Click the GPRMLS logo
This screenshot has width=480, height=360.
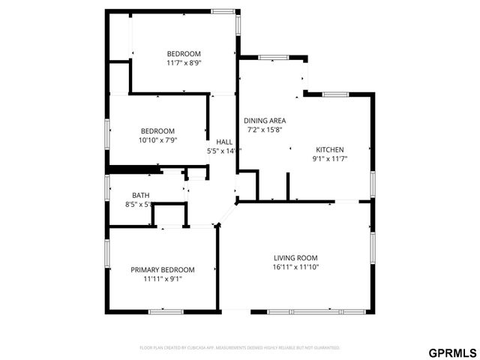[x=451, y=352]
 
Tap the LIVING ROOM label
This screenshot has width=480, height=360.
[x=295, y=257]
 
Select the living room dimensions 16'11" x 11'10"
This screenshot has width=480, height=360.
[x=295, y=267]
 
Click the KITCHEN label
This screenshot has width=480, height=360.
[x=329, y=149]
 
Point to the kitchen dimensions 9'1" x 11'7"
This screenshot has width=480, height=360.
[x=329, y=159]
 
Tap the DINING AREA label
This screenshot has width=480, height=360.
[x=265, y=120]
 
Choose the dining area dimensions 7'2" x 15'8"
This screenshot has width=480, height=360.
[x=265, y=130]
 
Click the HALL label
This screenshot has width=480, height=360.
[x=223, y=142]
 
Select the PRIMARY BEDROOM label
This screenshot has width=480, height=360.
[x=163, y=270]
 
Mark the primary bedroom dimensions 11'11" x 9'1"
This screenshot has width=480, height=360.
[x=163, y=279]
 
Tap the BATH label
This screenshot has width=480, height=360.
[x=141, y=195]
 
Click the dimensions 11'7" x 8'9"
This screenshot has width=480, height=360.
[x=184, y=63]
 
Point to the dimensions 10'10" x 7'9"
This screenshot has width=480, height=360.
[x=157, y=139]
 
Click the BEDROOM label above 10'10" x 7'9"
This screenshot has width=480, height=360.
[x=157, y=130]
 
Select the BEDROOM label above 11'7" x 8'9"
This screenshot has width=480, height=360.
[x=184, y=53]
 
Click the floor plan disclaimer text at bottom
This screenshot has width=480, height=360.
[x=240, y=348]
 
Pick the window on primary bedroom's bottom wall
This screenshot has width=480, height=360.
[x=165, y=311]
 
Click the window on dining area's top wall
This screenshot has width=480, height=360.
[x=271, y=57]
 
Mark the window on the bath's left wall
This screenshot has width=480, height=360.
[x=108, y=188]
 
